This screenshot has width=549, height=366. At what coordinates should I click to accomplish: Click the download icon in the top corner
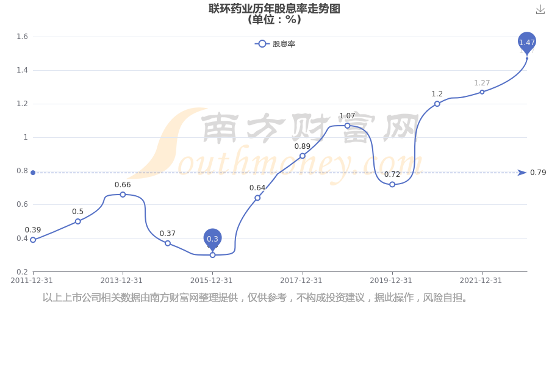540,10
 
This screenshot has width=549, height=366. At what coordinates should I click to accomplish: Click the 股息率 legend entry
275,44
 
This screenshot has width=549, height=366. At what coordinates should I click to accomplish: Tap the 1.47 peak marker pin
527,42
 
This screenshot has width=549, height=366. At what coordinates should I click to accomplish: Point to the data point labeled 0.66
123,195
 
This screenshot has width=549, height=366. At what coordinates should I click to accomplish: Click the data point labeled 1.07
347,126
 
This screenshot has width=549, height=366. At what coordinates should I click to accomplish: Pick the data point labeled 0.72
392,184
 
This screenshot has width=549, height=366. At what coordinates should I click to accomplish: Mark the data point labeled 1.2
437,104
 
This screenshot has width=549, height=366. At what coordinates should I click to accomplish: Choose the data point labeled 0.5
77,221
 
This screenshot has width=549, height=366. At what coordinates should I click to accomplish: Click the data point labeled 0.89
303,156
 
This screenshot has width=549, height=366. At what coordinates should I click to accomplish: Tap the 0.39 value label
33,230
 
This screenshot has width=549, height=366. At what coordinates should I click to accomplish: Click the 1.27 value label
482,83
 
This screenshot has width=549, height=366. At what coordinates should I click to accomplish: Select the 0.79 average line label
538,172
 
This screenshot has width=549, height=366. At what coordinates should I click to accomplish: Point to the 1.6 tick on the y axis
22,37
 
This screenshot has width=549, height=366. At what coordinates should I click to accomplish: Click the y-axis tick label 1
26,137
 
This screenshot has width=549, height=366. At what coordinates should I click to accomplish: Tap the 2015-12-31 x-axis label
211,281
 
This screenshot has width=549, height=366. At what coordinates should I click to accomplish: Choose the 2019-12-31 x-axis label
391,281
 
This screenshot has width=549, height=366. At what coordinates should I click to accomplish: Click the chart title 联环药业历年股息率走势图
274,9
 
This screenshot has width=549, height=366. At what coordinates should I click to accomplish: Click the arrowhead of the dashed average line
522,173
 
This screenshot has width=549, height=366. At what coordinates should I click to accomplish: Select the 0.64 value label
257,188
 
